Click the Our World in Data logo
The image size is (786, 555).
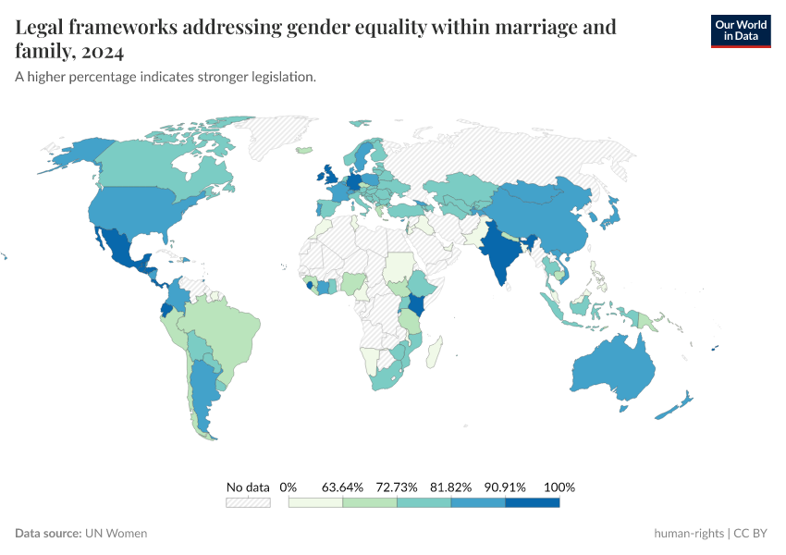tap(740, 31)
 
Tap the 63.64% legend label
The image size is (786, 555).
tap(342, 487)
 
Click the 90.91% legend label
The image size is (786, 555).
tap(506, 487)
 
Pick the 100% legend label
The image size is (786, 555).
tap(559, 487)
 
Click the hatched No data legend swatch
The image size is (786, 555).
tap(248, 502)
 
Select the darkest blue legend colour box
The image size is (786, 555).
tap(533, 502)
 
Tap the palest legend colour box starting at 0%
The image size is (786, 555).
tap(315, 502)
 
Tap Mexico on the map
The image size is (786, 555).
tap(120, 245)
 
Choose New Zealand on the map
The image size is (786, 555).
tap(675, 407)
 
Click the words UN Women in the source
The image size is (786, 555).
tap(116, 533)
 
